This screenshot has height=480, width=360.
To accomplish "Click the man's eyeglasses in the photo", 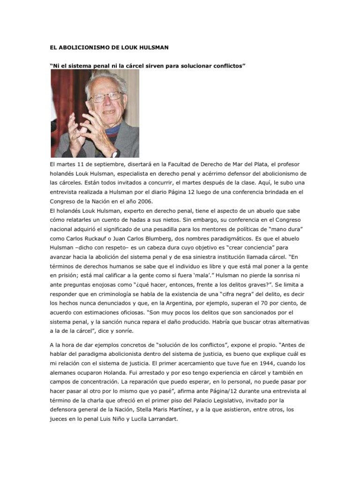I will [105, 97].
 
